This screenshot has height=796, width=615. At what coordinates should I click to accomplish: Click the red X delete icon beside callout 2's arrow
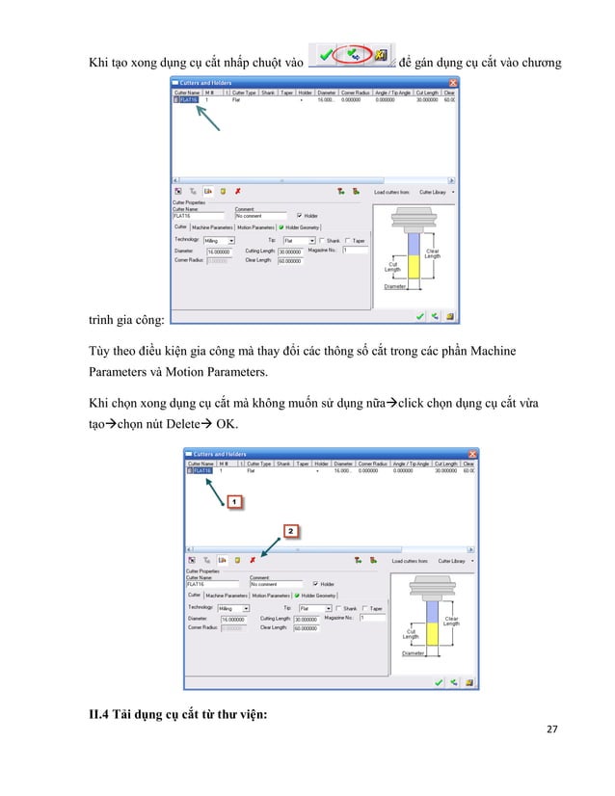[x=253, y=559]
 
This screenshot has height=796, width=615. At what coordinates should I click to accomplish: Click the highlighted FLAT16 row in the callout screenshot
[x=200, y=470]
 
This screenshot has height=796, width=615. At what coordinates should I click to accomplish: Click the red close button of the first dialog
[x=454, y=83]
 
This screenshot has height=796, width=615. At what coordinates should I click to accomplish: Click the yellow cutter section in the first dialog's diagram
[x=412, y=265]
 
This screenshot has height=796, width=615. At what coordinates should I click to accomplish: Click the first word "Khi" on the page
[x=99, y=49]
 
